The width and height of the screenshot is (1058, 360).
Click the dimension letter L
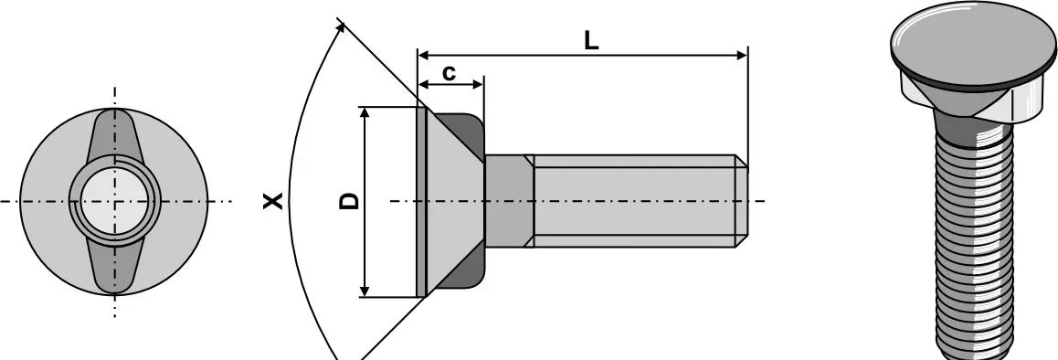(x=591, y=40)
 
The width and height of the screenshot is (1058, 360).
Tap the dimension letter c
(x=449, y=72)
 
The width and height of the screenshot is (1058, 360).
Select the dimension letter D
(x=350, y=201)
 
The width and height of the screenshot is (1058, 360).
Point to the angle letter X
(x=272, y=201)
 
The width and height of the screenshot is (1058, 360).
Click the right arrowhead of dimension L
(x=742, y=55)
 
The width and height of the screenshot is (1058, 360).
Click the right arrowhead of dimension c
(x=479, y=84)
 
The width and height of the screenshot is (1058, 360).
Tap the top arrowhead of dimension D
(x=365, y=112)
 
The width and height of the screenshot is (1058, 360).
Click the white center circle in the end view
(x=114, y=201)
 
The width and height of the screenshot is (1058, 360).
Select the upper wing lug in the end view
(x=114, y=135)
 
